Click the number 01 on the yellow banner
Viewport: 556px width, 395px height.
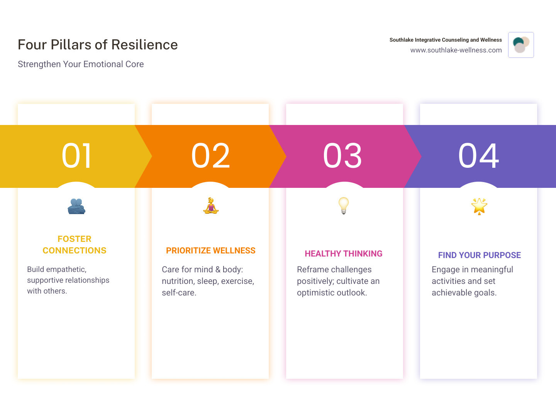[x=76, y=156]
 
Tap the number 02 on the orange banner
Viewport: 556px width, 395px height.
[x=210, y=156]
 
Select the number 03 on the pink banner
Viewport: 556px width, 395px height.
[x=342, y=156]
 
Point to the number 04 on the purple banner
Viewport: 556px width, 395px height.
[x=478, y=156]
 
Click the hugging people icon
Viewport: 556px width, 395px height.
[x=76, y=206]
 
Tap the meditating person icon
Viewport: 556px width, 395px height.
[x=211, y=206]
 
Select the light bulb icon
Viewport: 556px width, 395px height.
[x=343, y=205]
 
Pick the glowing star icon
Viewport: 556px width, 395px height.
[x=479, y=206]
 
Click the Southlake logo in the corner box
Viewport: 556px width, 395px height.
[x=521, y=45]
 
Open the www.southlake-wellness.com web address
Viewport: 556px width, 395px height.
[x=456, y=50]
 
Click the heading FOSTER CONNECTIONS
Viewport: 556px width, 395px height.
[x=75, y=245]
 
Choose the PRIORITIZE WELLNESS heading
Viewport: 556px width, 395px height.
[x=211, y=251]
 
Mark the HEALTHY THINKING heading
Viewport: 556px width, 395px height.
[x=343, y=253]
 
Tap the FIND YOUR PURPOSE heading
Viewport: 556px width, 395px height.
[x=479, y=255]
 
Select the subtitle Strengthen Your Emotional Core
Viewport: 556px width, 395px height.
[x=81, y=64]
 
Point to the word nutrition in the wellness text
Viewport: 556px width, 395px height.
[x=178, y=281]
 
